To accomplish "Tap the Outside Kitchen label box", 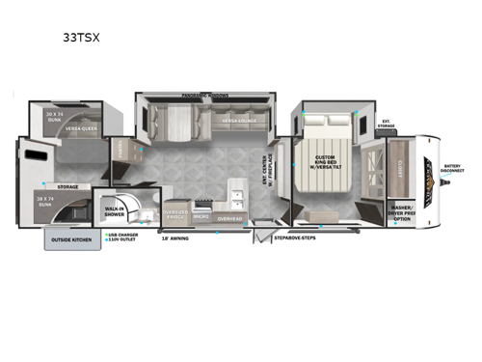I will [x=70, y=239].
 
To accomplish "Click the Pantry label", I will [x=121, y=152].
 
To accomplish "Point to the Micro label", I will [x=201, y=217].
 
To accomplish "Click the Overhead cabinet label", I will [x=229, y=218].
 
